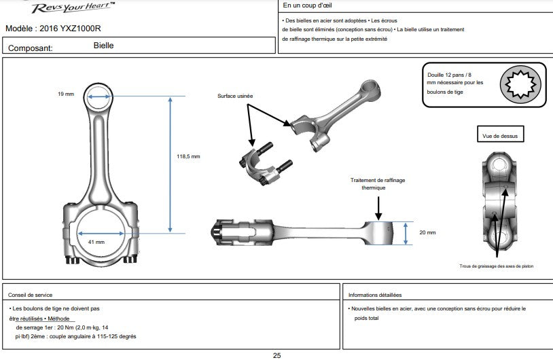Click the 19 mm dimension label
coord(65,94)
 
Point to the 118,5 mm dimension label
coord(188,156)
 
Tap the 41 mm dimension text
coord(96,242)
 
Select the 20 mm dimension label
coord(427,232)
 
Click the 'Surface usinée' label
coord(234,96)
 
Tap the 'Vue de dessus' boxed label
coord(499,136)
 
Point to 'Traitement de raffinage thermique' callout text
coord(378,183)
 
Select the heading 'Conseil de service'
coord(32,295)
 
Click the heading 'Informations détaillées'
coord(374,295)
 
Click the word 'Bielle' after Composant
coord(103,46)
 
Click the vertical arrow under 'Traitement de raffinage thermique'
coord(378,205)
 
